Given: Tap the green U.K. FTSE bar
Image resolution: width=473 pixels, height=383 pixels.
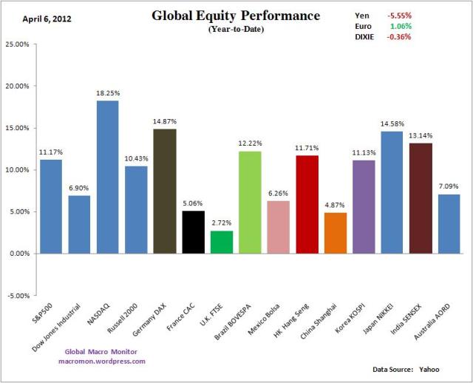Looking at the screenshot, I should tap(221, 242).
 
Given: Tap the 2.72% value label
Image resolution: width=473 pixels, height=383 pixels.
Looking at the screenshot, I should tap(221, 223).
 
